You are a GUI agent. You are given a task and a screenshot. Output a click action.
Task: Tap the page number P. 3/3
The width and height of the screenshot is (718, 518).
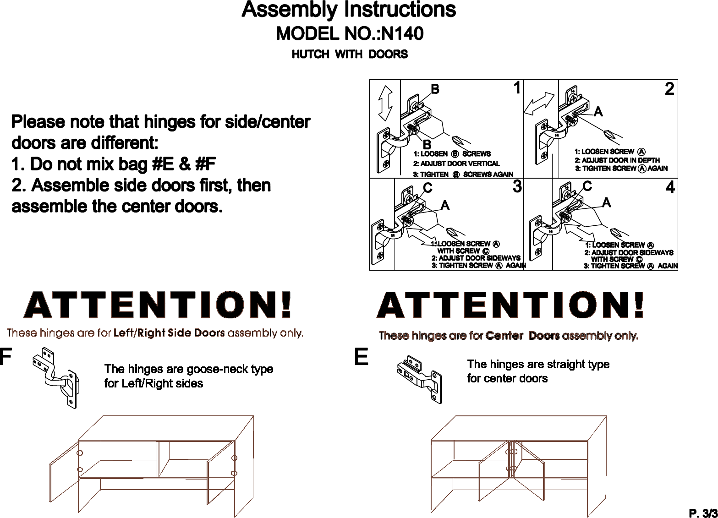703,513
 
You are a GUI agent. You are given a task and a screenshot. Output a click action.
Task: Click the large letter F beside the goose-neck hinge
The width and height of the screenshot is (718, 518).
5,357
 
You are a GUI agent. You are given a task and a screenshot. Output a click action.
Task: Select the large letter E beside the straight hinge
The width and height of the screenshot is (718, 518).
361,357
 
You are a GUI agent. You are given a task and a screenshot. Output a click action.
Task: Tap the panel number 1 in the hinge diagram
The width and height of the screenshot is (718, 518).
517,87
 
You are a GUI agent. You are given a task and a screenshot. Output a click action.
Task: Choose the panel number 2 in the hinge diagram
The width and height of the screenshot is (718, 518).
669,89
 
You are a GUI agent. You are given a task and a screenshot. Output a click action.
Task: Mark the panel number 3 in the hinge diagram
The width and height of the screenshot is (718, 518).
517,186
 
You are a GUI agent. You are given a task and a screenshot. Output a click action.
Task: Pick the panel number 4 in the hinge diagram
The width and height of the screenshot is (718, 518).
670,187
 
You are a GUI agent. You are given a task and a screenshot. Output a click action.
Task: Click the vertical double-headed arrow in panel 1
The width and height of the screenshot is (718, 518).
385,103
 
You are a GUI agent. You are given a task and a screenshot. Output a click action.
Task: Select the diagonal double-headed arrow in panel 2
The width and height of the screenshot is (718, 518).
539,104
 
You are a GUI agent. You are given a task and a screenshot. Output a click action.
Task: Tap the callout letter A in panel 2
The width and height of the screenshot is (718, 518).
598,112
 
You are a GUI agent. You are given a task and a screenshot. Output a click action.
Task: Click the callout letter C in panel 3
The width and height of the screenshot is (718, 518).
428,188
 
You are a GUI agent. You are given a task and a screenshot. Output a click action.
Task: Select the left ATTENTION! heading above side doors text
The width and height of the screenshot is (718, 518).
158,305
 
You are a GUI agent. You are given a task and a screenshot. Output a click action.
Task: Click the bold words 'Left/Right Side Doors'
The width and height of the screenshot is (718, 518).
169,333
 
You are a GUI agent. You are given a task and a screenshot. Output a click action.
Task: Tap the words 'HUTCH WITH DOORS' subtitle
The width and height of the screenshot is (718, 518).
350,54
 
